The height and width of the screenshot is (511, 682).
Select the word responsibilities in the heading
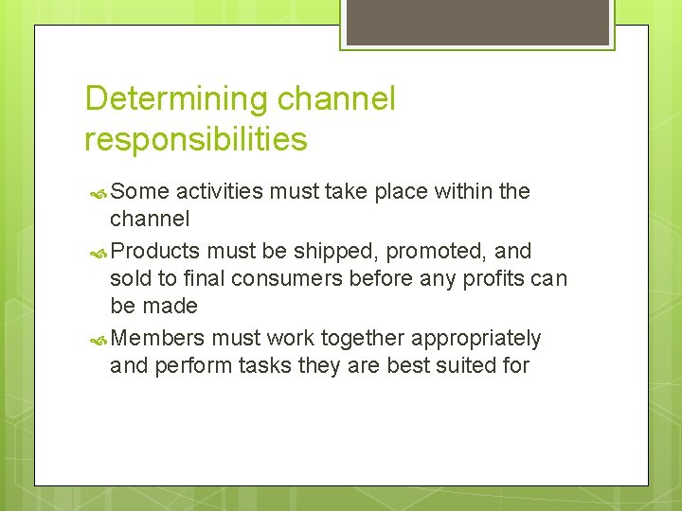196,140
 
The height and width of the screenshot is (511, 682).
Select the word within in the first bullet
464,191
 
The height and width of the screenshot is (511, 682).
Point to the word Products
154,251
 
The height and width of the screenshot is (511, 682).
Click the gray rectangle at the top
477,22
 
